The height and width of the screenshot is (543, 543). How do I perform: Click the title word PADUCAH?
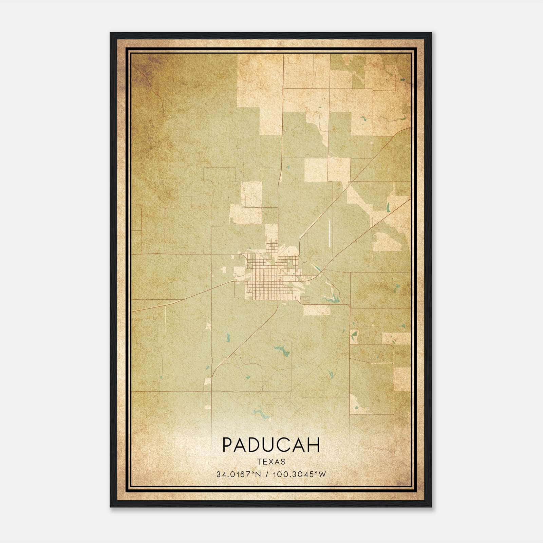(271, 445)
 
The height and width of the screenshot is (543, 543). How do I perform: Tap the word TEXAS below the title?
(271, 462)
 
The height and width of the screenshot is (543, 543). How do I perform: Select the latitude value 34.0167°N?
(239, 474)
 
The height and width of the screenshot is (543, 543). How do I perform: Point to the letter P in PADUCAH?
(228, 445)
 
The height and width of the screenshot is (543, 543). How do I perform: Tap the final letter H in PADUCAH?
(314, 445)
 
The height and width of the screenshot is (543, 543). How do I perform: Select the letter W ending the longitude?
(322, 474)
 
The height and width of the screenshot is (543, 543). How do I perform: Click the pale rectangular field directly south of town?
(316, 310)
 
